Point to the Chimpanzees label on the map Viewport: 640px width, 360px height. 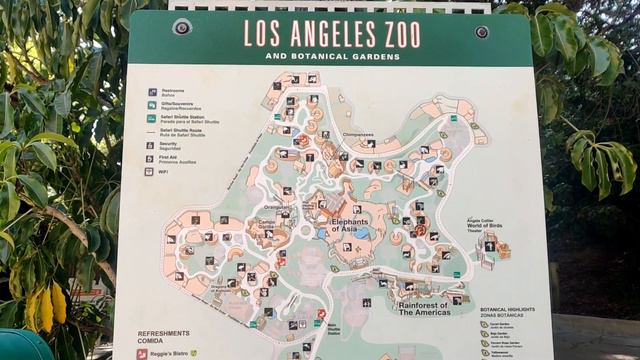358,134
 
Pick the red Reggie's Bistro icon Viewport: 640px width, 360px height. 143,353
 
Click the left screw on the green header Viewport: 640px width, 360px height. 181,27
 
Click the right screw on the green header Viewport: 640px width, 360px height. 482,31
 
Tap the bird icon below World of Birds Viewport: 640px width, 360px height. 490,246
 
